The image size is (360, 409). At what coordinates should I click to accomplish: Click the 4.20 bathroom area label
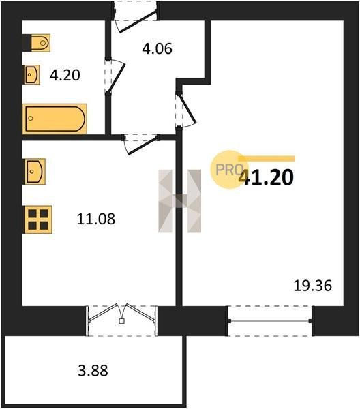pos(65,75)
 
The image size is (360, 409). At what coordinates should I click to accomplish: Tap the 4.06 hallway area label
pos(157,49)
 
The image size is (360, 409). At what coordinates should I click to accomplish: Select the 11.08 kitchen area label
pos(95,219)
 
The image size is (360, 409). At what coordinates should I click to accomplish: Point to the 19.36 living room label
pos(312,286)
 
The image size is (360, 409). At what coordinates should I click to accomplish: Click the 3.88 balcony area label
pos(93,371)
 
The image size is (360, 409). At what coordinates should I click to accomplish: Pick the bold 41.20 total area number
pos(266,177)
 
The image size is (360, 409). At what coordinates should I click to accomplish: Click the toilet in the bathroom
pos(37,43)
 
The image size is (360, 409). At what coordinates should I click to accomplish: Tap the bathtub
pos(55,119)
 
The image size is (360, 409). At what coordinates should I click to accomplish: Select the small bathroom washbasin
pos(32,74)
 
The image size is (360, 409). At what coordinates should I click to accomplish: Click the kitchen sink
pos(35,171)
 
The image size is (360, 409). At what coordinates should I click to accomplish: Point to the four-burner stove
pos(38,219)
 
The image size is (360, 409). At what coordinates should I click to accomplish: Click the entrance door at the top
pos(136,16)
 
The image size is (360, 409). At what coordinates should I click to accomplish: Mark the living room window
pos(270,321)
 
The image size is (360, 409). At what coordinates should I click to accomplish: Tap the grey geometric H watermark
pos(180,201)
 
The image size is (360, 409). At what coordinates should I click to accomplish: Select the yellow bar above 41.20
pos(267,159)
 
